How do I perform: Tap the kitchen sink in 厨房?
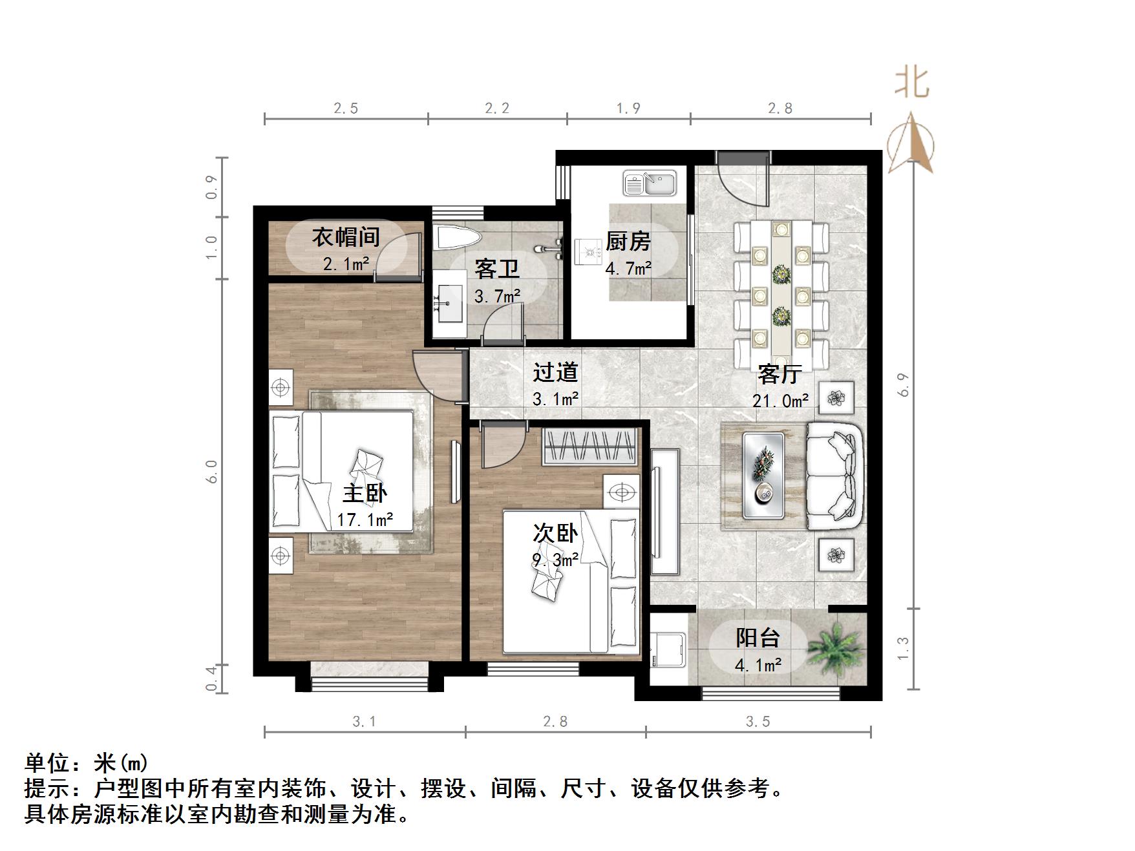[x=649, y=183]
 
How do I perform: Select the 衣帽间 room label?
[x=346, y=237]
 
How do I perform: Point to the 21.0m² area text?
[x=780, y=401]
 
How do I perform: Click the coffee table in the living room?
[x=763, y=476]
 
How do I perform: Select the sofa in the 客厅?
[x=834, y=476]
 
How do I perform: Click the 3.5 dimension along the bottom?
[x=758, y=721]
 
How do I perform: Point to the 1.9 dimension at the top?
[x=628, y=108]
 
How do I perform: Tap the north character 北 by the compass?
[x=911, y=84]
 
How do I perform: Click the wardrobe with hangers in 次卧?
[x=589, y=447]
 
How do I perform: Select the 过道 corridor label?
[x=555, y=372]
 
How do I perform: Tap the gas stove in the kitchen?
[x=588, y=250]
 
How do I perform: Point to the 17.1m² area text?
[x=365, y=520]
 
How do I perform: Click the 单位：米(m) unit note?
[x=87, y=763]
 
